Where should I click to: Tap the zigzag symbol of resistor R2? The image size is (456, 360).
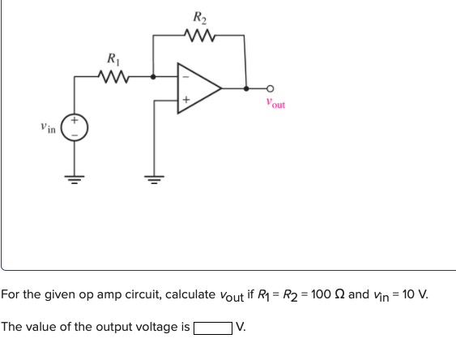click(198, 35)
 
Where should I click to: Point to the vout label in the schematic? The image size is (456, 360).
click(275, 104)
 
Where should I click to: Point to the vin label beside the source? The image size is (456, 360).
click(49, 128)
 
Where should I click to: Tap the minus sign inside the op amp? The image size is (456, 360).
click(184, 78)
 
